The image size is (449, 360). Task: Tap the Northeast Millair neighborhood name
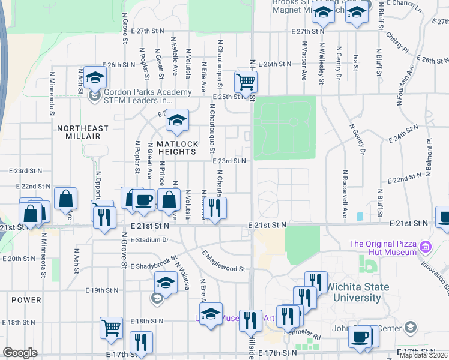click(83, 132)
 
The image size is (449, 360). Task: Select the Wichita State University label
click(357, 292)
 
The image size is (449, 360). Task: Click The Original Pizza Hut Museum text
click(383, 248)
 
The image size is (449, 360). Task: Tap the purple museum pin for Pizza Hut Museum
click(426, 247)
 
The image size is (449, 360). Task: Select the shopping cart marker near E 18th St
click(111, 328)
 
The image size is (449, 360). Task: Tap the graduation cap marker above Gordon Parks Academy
click(94, 77)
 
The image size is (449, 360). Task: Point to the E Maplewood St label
click(224, 262)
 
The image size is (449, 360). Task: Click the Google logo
click(20, 352)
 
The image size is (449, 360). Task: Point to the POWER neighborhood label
click(26, 300)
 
